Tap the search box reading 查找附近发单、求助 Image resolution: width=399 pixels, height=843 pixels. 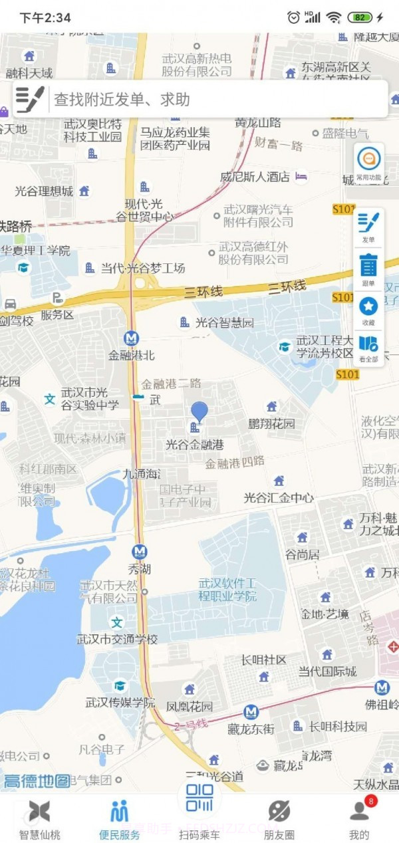(x=199, y=100)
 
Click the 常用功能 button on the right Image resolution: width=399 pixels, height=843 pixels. (x=368, y=163)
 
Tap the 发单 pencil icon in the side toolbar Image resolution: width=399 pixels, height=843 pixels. (x=368, y=226)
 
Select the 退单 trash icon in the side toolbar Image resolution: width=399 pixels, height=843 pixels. (x=368, y=269)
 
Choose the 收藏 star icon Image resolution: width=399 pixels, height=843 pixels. (x=368, y=310)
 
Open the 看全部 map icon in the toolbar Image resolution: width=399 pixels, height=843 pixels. (x=368, y=347)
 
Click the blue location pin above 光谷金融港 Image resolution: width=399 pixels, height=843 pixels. (x=199, y=413)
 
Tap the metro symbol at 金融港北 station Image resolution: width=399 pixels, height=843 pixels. (x=132, y=338)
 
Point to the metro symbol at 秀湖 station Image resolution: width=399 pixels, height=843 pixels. (x=139, y=552)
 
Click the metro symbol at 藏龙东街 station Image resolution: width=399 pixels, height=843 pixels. (x=251, y=713)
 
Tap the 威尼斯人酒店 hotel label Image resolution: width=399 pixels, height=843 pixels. (x=255, y=177)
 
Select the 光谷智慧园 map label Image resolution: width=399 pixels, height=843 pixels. (x=224, y=322)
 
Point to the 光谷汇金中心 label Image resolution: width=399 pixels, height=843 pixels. (x=279, y=497)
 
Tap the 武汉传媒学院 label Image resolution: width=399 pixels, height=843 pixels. (x=120, y=702)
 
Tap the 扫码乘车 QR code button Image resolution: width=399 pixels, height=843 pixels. (x=199, y=808)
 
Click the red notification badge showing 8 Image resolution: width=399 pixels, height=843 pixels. (x=370, y=802)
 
